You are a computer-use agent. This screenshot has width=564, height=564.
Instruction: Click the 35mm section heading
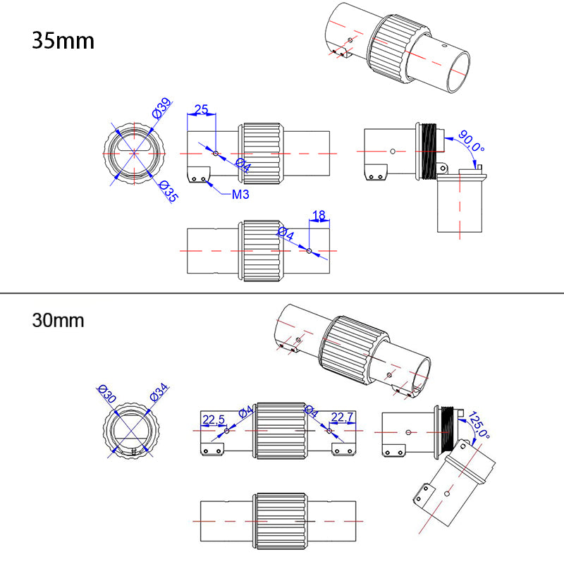[63, 40]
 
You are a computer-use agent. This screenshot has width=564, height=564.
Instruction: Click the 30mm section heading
[58, 320]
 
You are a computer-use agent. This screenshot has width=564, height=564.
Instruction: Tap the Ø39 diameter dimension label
[161, 111]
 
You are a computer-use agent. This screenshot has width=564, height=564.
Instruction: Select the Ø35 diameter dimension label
[166, 191]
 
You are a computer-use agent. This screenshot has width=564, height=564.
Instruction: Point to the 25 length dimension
[201, 110]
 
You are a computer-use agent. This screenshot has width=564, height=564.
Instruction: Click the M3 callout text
[241, 194]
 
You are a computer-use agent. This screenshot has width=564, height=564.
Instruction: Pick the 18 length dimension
[319, 215]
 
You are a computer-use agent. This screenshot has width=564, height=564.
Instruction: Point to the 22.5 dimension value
[213, 420]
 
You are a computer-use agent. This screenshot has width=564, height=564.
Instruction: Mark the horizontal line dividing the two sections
[282, 293]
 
